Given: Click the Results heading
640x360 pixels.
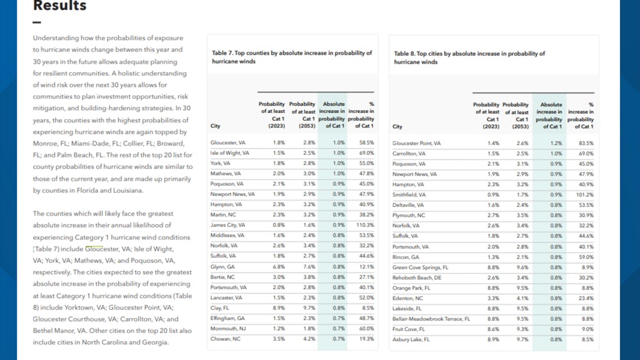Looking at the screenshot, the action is click(x=60, y=5).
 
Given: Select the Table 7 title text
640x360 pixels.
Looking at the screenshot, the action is click(x=292, y=57).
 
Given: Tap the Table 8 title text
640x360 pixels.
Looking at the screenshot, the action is click(x=469, y=57).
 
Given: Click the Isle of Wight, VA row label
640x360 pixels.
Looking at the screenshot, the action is click(x=230, y=153).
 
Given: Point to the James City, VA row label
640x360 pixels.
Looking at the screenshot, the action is click(x=228, y=225).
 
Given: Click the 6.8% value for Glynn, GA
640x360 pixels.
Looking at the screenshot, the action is click(x=279, y=267).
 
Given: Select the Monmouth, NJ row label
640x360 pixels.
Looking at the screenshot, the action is click(x=228, y=329).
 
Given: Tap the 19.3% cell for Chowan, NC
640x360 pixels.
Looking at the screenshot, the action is click(x=367, y=339).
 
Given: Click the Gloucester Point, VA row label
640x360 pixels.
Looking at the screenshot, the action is click(x=417, y=143).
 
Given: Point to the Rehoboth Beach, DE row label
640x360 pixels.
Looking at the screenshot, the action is click(x=417, y=277).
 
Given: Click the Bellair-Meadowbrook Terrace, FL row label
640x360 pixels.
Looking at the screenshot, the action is click(x=431, y=319).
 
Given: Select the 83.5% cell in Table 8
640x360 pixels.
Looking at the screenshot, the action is click(x=586, y=143).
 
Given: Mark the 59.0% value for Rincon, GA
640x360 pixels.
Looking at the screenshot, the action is click(x=586, y=257).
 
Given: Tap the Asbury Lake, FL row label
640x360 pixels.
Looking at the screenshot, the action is click(x=411, y=340).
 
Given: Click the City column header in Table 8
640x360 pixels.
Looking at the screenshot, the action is click(x=397, y=126).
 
